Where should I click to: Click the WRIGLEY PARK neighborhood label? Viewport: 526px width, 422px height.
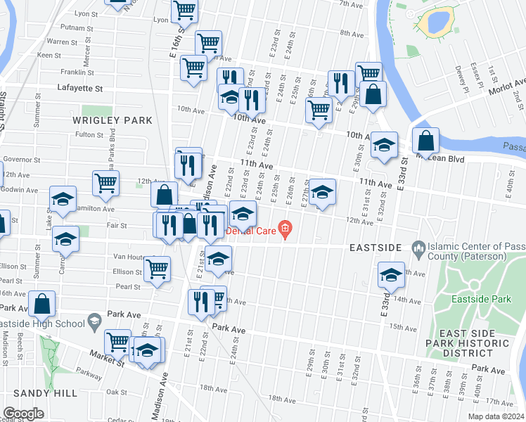[113, 120]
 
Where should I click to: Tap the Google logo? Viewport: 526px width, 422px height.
[23, 413]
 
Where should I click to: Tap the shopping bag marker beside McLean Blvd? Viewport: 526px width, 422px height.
[425, 141]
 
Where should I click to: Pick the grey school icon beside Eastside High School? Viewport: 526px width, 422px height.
[93, 323]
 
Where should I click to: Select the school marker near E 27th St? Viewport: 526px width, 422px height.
[322, 192]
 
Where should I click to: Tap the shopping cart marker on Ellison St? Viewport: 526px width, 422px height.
[157, 269]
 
